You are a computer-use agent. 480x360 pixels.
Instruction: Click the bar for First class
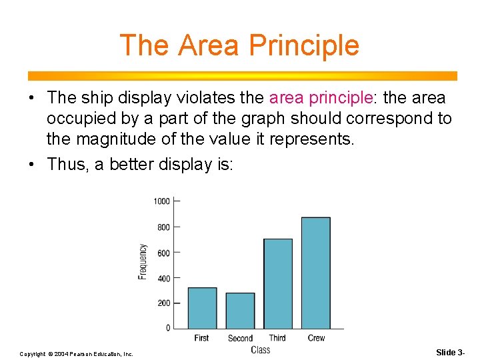point(202,308)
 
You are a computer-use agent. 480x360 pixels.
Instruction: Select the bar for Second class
point(240,311)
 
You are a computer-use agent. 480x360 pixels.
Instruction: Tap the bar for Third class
point(278,283)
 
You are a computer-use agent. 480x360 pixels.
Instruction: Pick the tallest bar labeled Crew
point(316,273)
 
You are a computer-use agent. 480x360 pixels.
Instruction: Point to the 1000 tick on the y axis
point(162,201)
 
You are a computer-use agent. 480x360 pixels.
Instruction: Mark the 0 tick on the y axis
point(168,328)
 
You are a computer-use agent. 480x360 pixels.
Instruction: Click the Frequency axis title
point(143,261)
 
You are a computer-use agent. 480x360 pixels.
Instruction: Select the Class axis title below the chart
point(261,350)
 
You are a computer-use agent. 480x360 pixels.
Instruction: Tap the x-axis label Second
point(240,339)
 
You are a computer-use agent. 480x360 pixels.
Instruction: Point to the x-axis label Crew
point(316,339)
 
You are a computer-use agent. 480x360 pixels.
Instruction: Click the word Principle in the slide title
point(304,45)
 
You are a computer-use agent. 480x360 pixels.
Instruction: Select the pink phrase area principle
point(320,98)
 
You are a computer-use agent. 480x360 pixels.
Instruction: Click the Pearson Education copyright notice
point(77,353)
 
